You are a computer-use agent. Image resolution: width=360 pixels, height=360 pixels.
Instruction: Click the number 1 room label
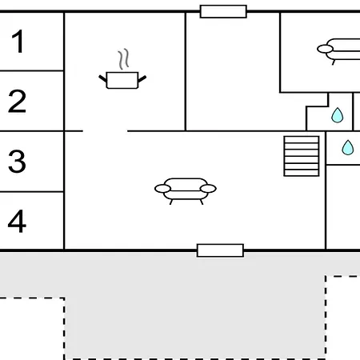[x=18, y=41]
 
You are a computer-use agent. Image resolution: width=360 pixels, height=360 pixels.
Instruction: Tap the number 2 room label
[x=17, y=101]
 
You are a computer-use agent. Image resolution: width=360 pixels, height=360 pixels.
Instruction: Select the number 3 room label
[x=17, y=161]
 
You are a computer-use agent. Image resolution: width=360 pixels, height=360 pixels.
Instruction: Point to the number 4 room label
[x=17, y=221]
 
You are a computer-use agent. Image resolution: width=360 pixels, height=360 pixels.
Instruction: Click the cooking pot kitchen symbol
[x=122, y=80]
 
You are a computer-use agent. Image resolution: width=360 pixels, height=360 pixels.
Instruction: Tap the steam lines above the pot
[x=124, y=59]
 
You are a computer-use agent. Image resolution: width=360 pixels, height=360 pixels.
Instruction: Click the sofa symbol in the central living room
[x=186, y=191]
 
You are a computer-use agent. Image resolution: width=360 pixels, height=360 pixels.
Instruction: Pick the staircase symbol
[x=302, y=156]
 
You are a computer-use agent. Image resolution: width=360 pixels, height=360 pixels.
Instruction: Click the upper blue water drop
[x=338, y=115]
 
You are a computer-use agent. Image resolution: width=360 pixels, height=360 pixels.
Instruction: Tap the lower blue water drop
[x=348, y=148]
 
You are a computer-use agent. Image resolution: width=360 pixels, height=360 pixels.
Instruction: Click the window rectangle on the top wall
[x=223, y=11]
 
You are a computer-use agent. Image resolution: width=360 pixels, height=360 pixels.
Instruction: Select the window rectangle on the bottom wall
[x=220, y=250]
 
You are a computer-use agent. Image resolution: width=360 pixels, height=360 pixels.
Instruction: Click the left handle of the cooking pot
[x=103, y=78]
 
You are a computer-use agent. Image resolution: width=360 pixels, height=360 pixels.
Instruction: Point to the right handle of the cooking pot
[x=142, y=78]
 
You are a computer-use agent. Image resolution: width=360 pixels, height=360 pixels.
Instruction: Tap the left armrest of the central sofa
[x=162, y=189]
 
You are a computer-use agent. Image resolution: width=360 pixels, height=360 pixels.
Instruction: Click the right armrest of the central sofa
[x=208, y=189]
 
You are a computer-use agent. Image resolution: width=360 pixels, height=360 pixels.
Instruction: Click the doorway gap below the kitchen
[x=105, y=131]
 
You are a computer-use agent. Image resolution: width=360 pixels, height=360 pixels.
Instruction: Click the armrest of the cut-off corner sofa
[x=325, y=49]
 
